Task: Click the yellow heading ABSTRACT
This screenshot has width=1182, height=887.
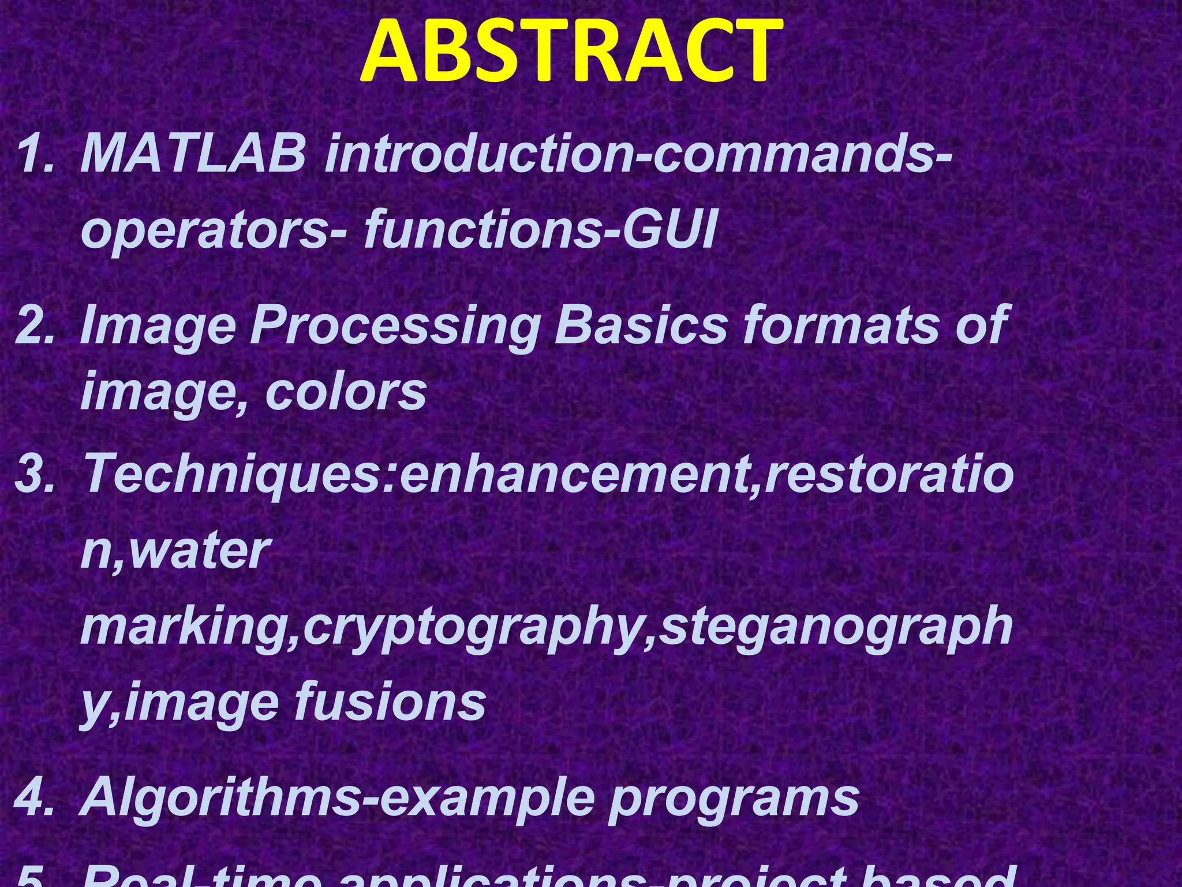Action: tap(571, 53)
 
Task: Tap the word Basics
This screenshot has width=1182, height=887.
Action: tap(641, 325)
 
